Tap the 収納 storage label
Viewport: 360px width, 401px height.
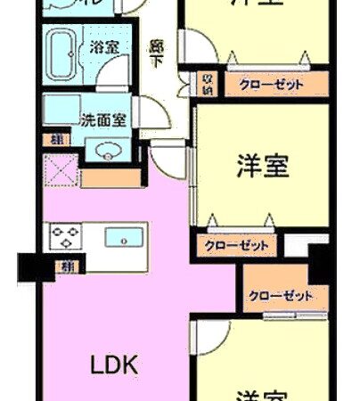pos(206,85)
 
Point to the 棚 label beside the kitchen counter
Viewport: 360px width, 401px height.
pos(66,265)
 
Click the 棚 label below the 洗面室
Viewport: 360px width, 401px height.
pos(57,139)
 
